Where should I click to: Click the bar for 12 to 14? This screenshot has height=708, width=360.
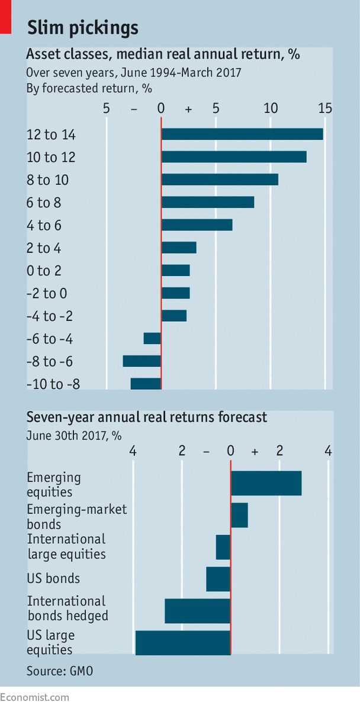242,134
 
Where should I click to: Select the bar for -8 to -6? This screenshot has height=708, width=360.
142,361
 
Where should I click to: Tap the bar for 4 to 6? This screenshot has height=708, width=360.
197,225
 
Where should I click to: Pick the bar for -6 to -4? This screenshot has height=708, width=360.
152,338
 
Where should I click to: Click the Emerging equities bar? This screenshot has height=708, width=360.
266,483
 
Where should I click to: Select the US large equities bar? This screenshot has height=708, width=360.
183,643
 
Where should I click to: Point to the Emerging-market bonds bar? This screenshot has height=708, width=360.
239,515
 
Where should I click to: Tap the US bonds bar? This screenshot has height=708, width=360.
218,579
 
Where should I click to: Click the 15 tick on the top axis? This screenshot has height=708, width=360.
324,108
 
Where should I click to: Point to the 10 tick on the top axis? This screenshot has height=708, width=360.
271,108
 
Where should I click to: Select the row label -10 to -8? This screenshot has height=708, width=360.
53,384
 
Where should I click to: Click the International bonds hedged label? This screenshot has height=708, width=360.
67,608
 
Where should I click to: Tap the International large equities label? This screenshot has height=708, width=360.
66,547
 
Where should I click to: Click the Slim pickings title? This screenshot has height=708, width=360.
83,27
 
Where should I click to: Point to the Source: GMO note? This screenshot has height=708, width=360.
59,671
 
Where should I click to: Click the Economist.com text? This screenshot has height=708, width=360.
34,697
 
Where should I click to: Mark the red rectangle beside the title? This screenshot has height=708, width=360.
6,16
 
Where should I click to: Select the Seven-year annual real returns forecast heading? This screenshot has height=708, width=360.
146,417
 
